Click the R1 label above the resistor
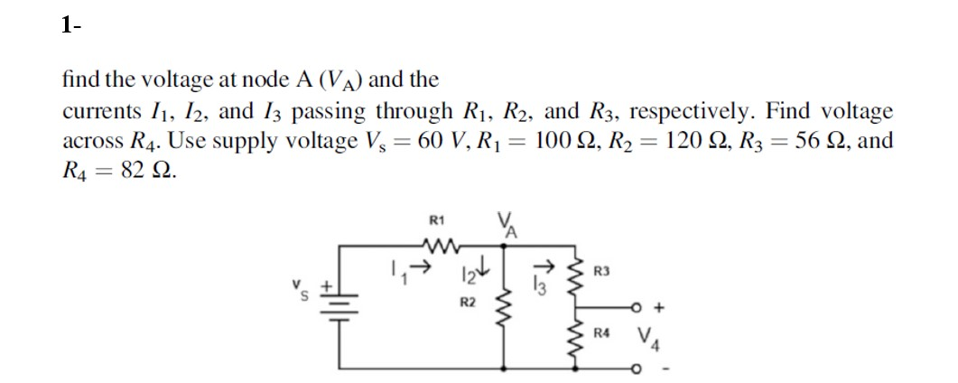[436, 219]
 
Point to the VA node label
[503, 223]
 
